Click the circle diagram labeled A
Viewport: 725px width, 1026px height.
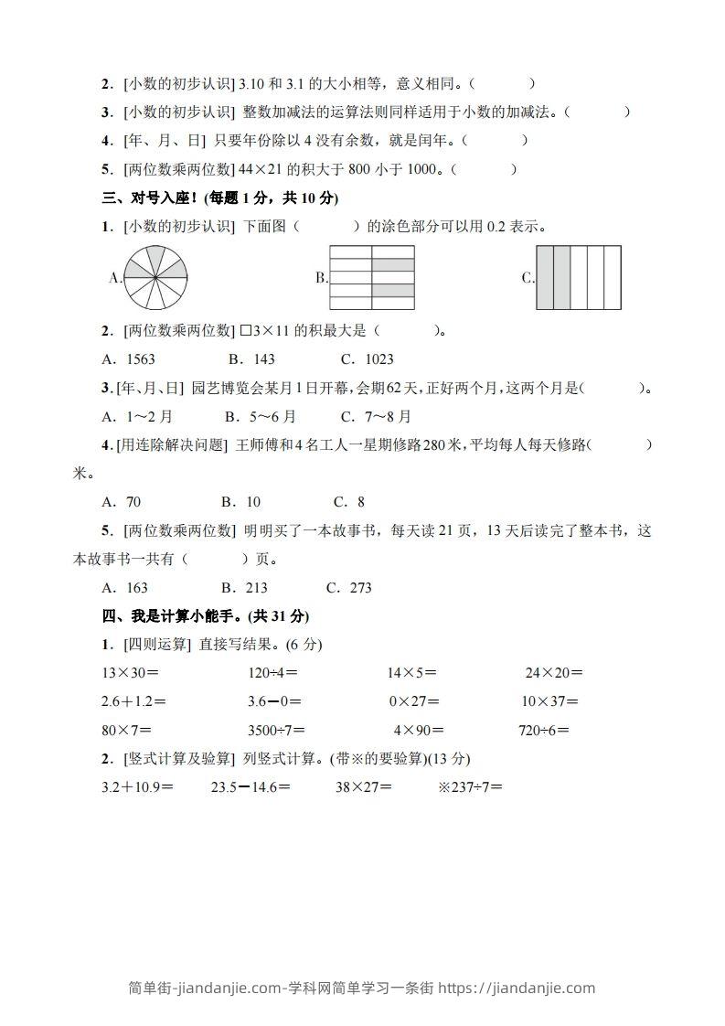[x=155, y=277]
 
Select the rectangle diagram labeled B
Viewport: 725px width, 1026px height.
[x=372, y=277]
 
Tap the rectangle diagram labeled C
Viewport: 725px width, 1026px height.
[x=579, y=277]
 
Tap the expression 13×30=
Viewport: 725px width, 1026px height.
[x=130, y=673]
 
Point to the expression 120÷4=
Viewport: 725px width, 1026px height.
[x=273, y=673]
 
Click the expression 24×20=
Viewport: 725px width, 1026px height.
[x=554, y=673]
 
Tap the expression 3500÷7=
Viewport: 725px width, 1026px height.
[x=277, y=731]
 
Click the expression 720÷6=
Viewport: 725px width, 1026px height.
[x=544, y=731]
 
